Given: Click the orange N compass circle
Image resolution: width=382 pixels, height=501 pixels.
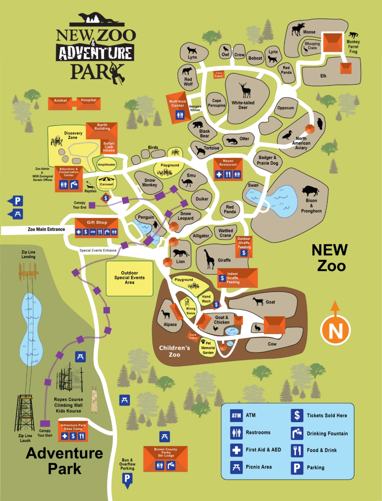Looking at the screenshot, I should point(335,330).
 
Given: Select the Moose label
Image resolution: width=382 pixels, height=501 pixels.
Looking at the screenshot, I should point(309,32).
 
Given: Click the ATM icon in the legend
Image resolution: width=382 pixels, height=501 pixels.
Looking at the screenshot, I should point(236,416).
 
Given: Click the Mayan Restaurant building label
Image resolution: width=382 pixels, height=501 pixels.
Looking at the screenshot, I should point(228,163).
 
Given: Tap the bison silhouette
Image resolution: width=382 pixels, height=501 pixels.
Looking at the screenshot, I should point(310,191).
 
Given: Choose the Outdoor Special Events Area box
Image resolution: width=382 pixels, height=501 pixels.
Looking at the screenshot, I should point(129,278).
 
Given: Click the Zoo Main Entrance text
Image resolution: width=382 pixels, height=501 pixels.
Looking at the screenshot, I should point(46,229).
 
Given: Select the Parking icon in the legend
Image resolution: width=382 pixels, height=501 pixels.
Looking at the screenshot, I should point(297,468).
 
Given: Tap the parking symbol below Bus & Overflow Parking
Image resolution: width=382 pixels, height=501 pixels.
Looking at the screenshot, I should point(127,479).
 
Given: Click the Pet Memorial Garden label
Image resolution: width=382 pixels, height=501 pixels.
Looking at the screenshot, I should point(208,348).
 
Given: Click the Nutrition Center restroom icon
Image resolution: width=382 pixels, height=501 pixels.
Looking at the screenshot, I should point(180,115).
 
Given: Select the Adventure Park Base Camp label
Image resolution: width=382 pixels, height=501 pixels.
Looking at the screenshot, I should point(73,427).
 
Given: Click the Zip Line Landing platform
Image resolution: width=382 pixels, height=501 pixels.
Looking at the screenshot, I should point(29,272).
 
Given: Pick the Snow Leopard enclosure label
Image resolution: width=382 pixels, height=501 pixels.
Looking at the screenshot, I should point(185,216).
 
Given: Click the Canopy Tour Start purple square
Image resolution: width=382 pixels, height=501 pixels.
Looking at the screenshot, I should point(45,424).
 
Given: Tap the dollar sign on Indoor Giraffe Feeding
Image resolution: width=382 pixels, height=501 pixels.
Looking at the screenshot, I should point(222,278).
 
